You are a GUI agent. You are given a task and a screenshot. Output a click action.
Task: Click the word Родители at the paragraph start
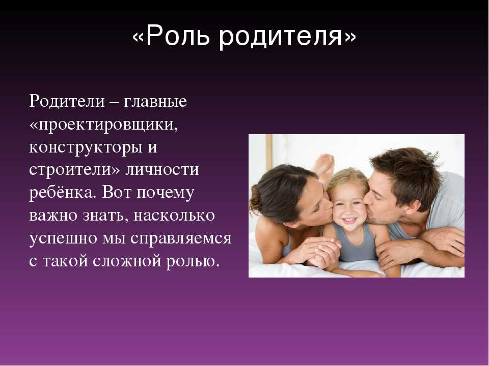pos(67,101)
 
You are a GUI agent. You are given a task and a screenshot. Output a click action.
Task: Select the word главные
pos(155,102)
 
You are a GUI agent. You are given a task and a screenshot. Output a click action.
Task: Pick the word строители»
pos(74,169)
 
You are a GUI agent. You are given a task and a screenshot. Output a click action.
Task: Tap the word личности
pos(162,169)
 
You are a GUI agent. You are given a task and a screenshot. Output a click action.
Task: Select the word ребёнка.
pos(62,192)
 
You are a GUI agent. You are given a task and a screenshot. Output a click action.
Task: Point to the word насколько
pos(174,216)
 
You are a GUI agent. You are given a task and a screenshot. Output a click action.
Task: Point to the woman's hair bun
pos(255,199)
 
